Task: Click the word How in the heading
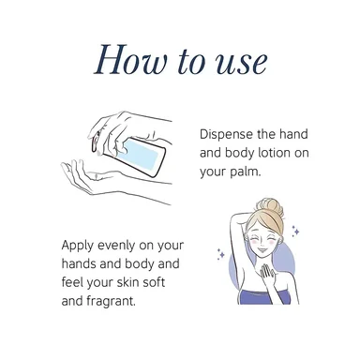[x=130, y=59]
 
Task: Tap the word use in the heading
[x=242, y=63]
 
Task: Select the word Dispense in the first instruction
[x=226, y=135]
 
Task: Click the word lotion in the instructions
[x=271, y=153]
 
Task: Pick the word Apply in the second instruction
[x=78, y=246]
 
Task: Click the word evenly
[x=118, y=246]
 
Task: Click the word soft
[x=154, y=282]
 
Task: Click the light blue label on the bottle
[x=140, y=155]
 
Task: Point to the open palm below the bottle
[x=82, y=176]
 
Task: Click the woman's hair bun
[x=270, y=207]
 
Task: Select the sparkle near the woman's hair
[x=295, y=231]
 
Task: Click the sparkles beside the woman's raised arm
[x=221, y=254]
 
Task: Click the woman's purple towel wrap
[x=263, y=297]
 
